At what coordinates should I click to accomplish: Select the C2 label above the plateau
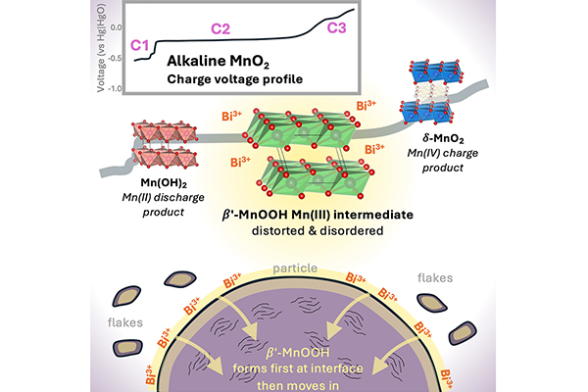pos(220,30)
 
